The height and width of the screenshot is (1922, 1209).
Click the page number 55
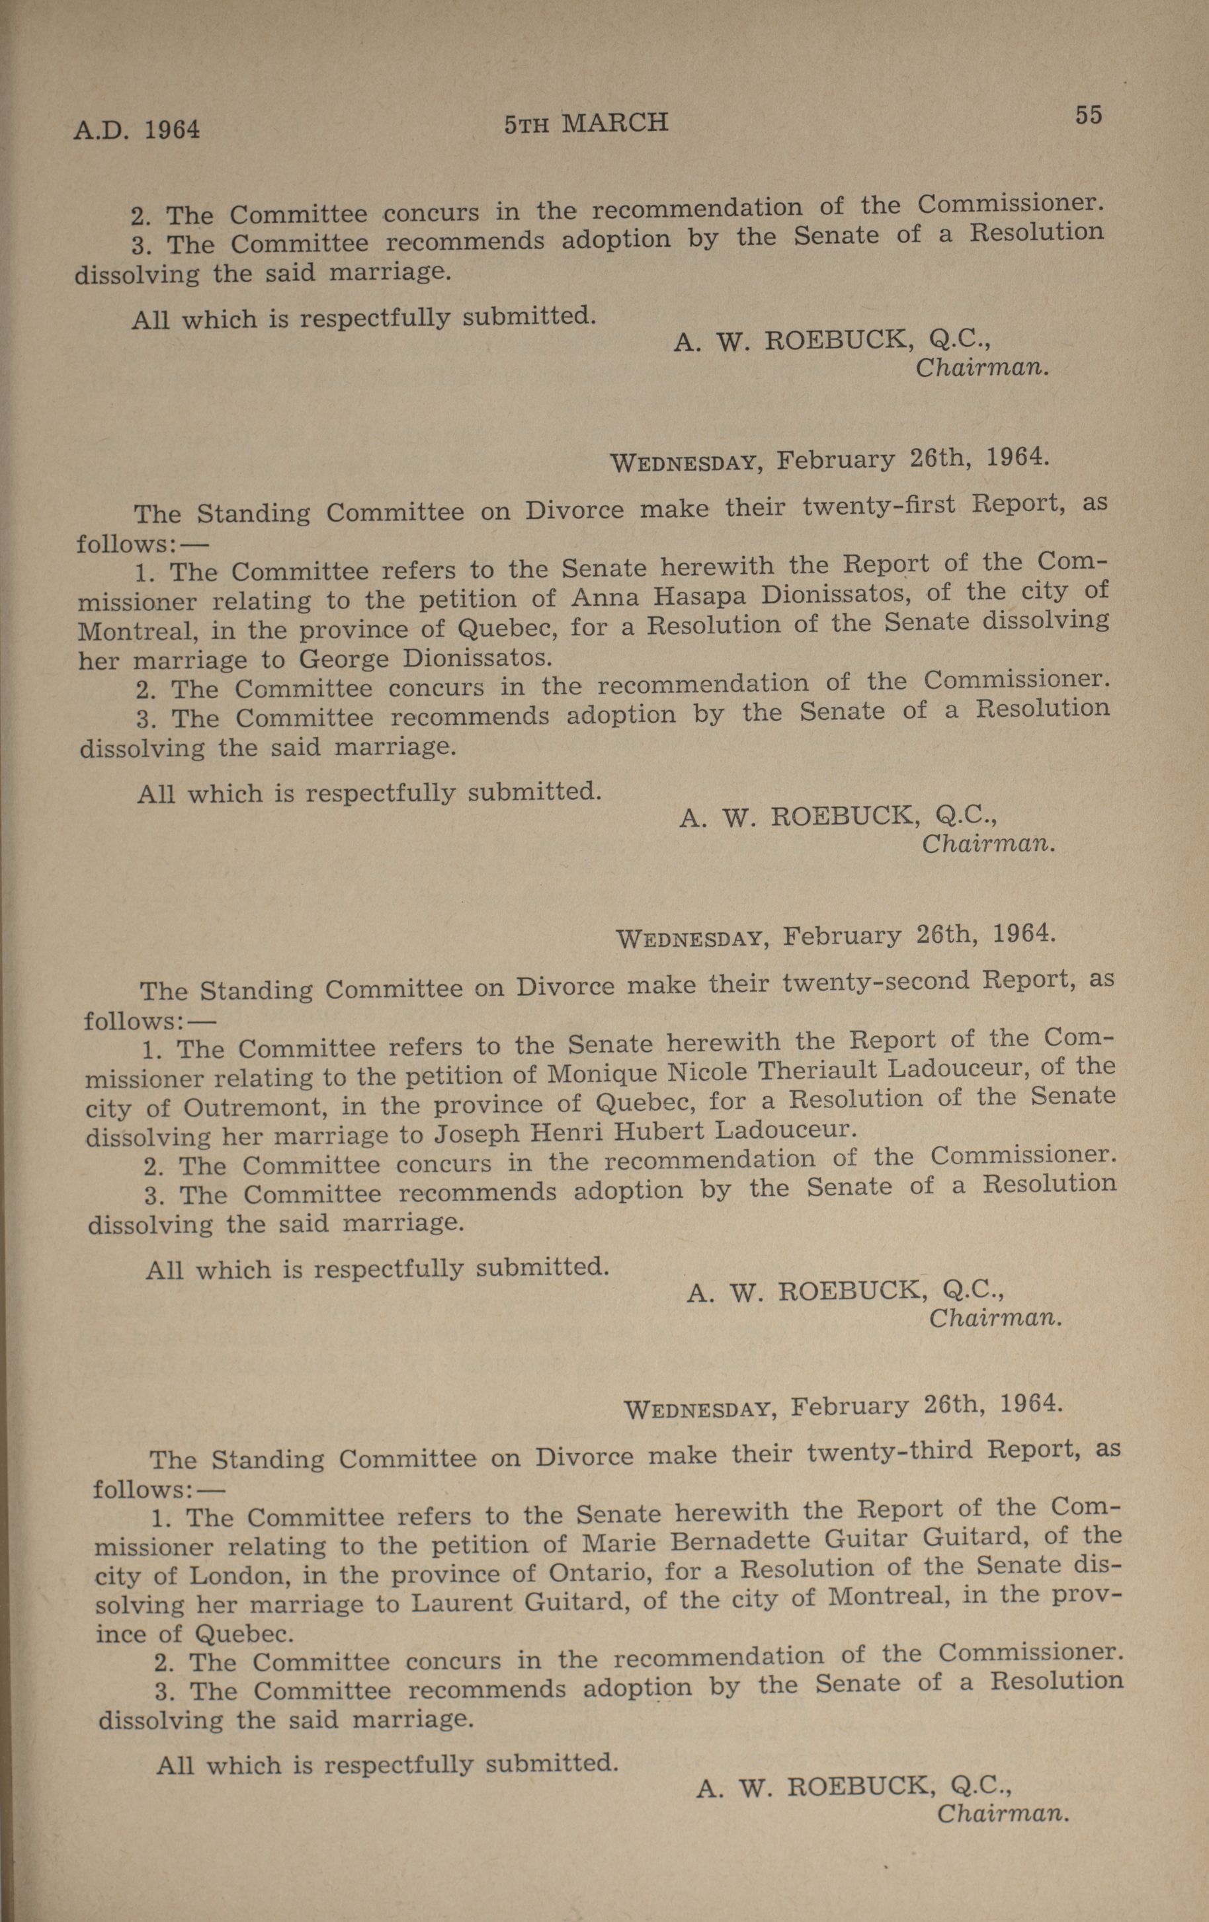1087,115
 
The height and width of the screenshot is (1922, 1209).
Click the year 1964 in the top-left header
172,128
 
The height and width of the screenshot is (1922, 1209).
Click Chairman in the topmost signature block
981,368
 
